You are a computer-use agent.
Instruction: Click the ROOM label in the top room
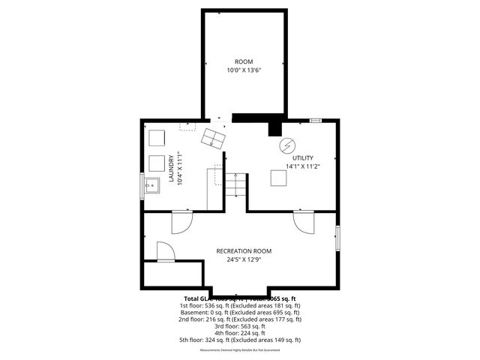coord(244,61)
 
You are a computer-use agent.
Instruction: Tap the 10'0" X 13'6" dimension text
coord(244,70)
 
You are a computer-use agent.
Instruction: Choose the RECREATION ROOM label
coord(244,251)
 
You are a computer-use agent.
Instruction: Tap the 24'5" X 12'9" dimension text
coord(244,260)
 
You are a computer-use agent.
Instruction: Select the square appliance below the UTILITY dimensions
coord(279,178)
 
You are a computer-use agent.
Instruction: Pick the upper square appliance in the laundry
coord(157,138)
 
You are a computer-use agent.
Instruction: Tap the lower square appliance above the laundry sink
coord(157,163)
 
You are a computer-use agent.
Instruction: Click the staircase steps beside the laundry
coord(236,185)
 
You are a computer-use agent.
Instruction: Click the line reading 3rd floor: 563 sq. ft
coord(240,325)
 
